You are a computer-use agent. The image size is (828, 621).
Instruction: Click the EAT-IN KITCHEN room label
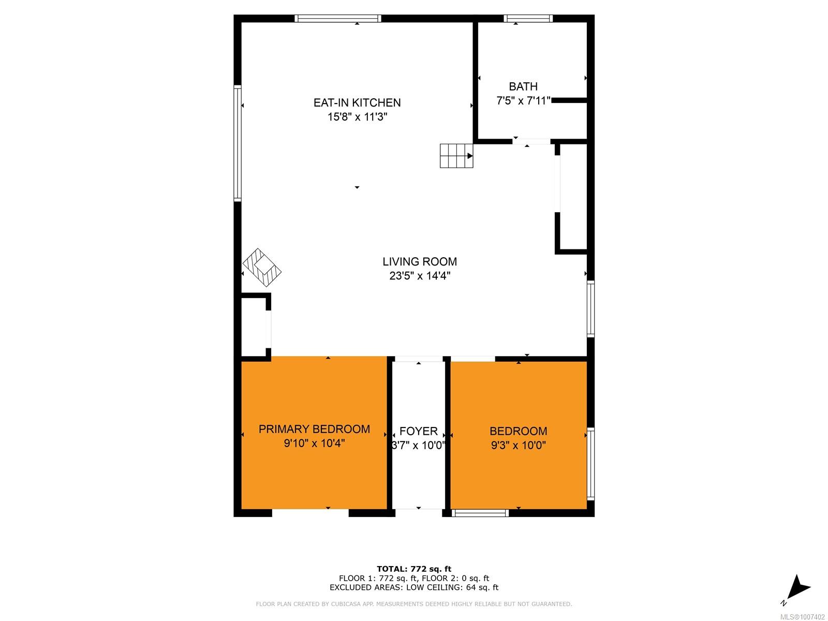tap(357, 102)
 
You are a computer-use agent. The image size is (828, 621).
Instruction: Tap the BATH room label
tap(523, 86)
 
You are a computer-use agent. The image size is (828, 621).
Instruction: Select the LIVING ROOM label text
tap(420, 261)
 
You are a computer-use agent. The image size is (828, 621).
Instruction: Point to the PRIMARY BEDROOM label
tap(314, 428)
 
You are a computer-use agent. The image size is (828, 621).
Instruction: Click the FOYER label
tap(418, 431)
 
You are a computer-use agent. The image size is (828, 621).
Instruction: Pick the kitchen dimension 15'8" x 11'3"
tap(357, 117)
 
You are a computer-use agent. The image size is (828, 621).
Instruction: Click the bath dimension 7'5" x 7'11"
tap(523, 101)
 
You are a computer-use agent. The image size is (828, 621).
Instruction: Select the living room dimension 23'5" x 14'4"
tap(420, 276)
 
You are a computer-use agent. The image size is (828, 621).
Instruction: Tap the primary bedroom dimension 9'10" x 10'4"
tap(314, 443)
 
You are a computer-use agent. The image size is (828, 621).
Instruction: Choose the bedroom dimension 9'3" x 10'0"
tap(518, 445)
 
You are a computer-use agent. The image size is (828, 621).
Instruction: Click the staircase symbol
tap(456, 155)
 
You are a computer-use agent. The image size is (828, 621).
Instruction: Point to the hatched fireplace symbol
tap(262, 268)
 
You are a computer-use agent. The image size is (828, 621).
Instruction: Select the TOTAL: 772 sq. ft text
tap(414, 569)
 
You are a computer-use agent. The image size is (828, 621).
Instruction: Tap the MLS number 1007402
tap(802, 617)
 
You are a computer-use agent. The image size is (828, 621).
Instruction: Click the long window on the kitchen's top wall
tap(337, 19)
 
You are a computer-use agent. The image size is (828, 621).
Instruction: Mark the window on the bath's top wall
tap(528, 19)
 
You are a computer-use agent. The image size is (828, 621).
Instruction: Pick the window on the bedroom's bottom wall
tap(480, 513)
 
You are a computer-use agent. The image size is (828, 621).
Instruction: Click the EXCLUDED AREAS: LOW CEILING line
tap(414, 587)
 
